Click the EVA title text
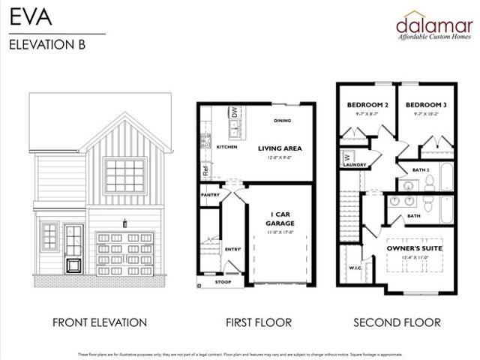click(x=25, y=16)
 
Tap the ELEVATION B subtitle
click(x=47, y=43)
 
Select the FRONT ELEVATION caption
click(x=100, y=322)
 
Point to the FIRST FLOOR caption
click(x=259, y=322)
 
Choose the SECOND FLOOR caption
click(x=397, y=322)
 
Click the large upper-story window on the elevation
click(x=124, y=175)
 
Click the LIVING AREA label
click(x=280, y=148)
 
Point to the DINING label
click(x=282, y=120)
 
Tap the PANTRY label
click(x=210, y=194)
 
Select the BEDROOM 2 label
click(x=367, y=104)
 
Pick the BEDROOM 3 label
click(x=424, y=104)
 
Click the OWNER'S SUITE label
click(x=415, y=247)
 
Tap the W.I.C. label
click(x=355, y=267)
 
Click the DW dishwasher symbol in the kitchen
click(x=234, y=112)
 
